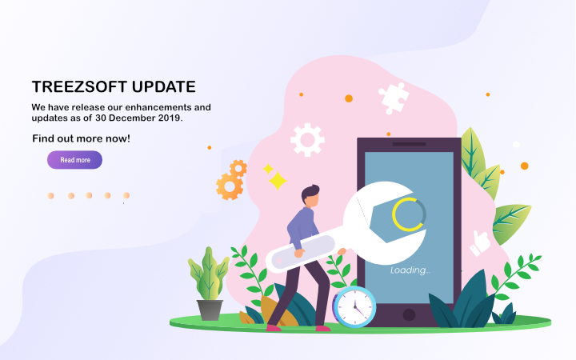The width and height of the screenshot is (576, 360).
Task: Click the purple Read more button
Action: (x=74, y=160)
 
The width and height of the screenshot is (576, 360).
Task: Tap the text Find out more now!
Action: (x=81, y=139)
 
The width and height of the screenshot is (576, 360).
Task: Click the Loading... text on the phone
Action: (x=410, y=270)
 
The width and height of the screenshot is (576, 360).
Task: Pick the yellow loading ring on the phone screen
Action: (x=409, y=214)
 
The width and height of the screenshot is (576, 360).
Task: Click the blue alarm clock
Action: (x=354, y=306)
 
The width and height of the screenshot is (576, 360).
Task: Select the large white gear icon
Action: (x=307, y=139)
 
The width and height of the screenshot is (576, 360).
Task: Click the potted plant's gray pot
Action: (x=210, y=310)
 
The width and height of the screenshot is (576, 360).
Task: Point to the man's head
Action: (x=310, y=194)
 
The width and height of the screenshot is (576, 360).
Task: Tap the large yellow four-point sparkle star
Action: (x=278, y=181)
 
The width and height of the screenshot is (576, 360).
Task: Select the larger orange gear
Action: (x=229, y=186)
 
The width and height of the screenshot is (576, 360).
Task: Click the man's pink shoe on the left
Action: (x=273, y=327)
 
